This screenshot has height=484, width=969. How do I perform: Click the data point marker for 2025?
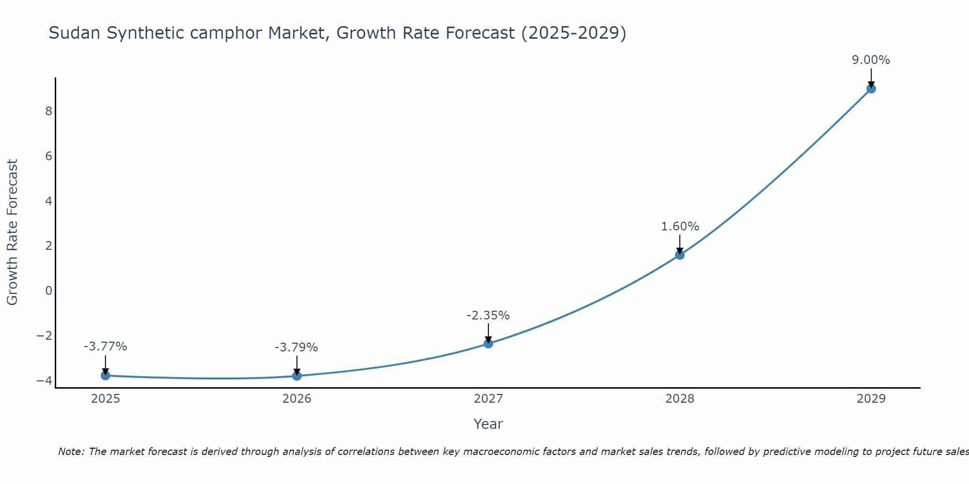tap(106, 376)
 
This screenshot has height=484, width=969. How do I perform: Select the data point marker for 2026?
tap(297, 376)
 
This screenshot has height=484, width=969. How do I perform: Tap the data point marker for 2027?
tap(488, 344)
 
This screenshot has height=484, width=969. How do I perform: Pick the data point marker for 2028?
tap(680, 255)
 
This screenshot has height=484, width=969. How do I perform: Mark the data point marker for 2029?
tap(871, 89)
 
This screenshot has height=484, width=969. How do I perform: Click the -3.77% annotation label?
tap(106, 347)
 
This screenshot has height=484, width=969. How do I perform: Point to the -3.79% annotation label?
tap(297, 348)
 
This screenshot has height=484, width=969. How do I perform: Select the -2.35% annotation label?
tap(488, 316)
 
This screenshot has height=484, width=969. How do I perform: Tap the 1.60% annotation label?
tap(680, 227)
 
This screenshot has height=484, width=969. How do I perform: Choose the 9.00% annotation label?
tap(871, 60)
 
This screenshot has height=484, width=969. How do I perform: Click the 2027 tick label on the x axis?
tap(488, 399)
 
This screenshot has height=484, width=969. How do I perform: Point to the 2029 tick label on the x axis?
tap(871, 399)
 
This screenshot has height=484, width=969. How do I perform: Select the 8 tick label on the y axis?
tap(48, 111)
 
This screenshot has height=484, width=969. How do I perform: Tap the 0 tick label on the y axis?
tap(48, 290)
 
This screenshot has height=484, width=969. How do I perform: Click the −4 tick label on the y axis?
tap(44, 380)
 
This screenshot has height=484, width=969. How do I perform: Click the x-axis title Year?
tap(488, 424)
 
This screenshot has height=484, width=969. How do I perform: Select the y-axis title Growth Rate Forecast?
tap(12, 232)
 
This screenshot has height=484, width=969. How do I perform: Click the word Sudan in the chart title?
tap(75, 33)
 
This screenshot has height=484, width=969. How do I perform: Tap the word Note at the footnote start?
tap(71, 452)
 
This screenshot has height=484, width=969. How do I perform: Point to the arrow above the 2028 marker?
tap(680, 243)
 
